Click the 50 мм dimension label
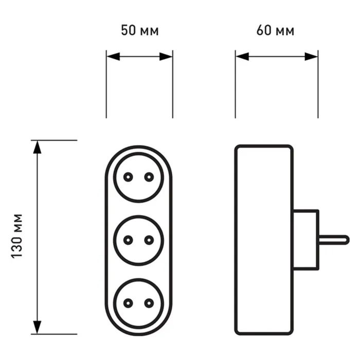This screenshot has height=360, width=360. pos(140,30)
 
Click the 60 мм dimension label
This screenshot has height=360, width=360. pos(275,30)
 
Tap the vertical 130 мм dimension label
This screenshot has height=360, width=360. pos(17,236)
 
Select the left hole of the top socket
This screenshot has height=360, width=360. pos(128,177)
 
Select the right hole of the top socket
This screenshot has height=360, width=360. pos(149,177)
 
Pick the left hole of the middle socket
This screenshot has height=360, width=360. pos(128,240)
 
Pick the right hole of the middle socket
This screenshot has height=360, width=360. pos(149,240)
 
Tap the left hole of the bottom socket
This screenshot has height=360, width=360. pos(128,303)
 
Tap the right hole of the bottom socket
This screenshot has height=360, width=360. pos(149,303)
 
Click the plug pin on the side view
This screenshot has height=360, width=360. pos(334,240)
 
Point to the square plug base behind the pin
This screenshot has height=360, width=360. pos(306,240)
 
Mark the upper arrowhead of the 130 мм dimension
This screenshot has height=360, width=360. pos(37,147)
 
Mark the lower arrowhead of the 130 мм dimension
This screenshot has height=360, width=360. pos(37,327)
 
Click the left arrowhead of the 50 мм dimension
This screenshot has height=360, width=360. pos(114,57)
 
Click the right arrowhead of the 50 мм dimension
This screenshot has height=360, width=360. pos(166,57)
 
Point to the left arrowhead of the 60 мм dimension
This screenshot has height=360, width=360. pos(242,57)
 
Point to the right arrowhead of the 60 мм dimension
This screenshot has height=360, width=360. pos(311,57)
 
